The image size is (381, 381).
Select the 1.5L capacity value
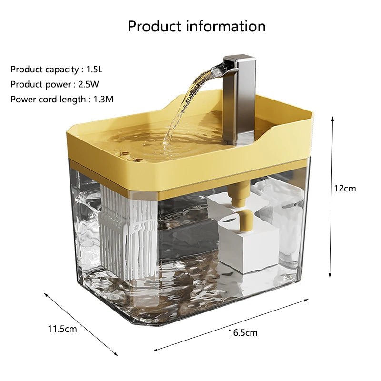[x=94, y=70]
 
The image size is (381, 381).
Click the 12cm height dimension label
[x=344, y=188]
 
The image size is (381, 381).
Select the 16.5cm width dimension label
[x=243, y=332]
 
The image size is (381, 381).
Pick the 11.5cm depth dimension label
[x=62, y=329]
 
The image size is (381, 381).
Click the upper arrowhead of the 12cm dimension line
[x=332, y=118]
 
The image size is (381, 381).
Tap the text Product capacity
[x=44, y=70]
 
